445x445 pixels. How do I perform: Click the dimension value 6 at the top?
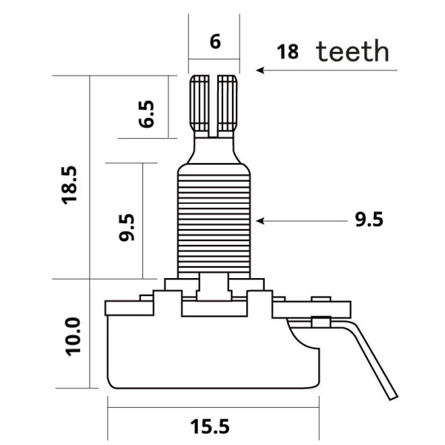click(215, 42)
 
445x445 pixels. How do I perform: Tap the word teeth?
click(352, 51)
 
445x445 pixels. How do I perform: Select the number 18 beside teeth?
click(288, 52)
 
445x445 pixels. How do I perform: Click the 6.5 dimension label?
click(146, 114)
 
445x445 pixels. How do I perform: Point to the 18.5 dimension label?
click(69, 185)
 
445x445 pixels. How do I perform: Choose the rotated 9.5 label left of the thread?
click(127, 228)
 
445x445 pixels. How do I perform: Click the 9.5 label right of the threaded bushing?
click(369, 220)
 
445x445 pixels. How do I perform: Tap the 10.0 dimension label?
click(73, 337)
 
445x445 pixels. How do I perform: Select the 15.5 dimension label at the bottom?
click(210, 426)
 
